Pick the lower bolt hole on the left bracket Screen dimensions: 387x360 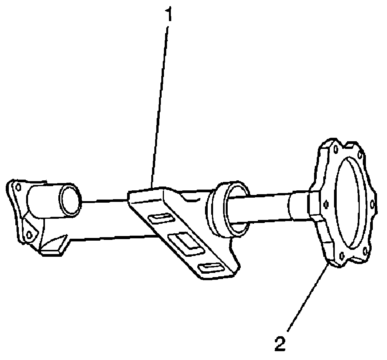click(28, 234)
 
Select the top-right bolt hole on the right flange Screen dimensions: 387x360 click(361, 155)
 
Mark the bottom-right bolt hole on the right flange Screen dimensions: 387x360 click(364, 251)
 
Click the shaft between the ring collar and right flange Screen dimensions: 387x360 click(269, 209)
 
